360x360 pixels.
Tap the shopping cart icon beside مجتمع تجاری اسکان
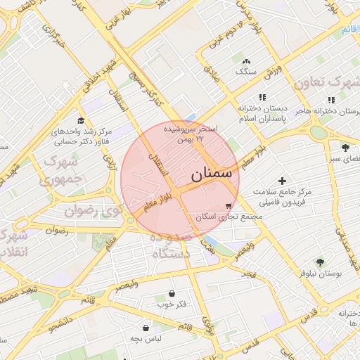click(x=229, y=206)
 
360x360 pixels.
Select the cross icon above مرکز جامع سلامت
click(x=283, y=181)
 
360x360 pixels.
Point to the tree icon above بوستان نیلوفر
click(x=321, y=261)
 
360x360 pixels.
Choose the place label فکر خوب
click(x=171, y=304)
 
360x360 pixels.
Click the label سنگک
click(x=247, y=72)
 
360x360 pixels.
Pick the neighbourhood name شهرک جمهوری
click(x=63, y=169)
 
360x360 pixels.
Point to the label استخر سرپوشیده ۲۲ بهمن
click(x=190, y=134)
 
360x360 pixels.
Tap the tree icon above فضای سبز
click(x=345, y=147)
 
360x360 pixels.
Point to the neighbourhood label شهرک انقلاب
click(x=14, y=243)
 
